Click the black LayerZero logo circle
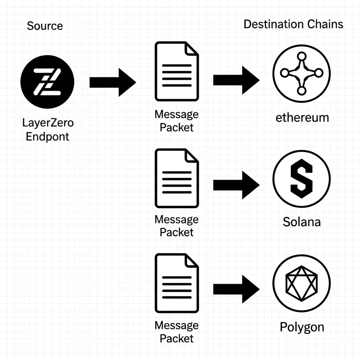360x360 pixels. point(47,82)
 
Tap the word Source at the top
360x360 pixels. point(45,26)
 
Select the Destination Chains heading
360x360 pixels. point(293,24)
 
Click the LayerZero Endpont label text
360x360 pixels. point(48,130)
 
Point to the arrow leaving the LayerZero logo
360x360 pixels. point(112,82)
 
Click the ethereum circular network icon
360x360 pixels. point(301,73)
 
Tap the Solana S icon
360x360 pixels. point(301,180)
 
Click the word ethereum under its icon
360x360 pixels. point(302,117)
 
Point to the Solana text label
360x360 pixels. point(302,222)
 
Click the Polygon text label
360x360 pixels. point(302,327)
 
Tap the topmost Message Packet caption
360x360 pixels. point(176,121)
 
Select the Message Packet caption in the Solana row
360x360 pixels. point(176,226)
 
